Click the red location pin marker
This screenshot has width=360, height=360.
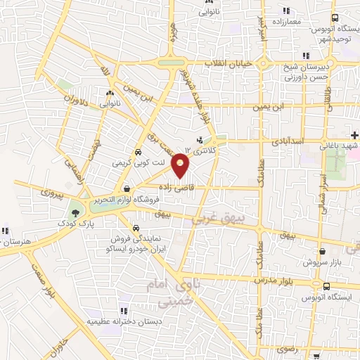181,165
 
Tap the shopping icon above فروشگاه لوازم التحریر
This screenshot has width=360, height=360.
127,188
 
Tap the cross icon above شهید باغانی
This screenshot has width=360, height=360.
356,134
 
